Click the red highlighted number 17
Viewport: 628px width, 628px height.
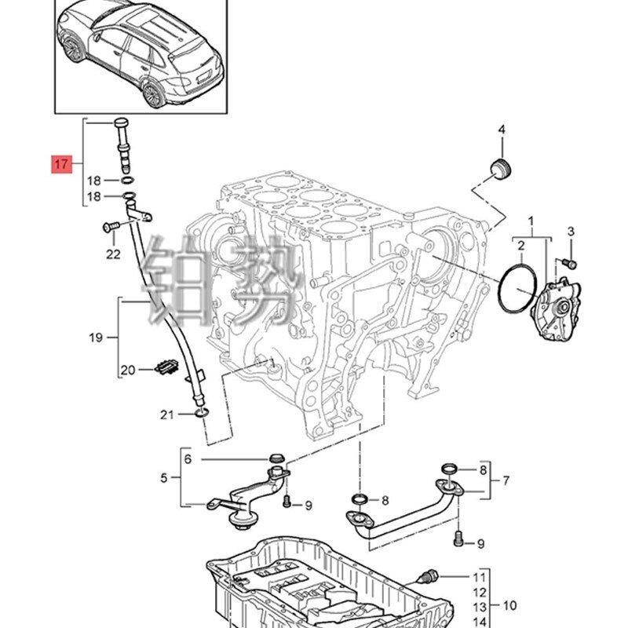click(x=62, y=164)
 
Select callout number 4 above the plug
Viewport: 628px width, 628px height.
click(x=502, y=130)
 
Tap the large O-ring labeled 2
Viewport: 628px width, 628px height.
click(x=517, y=287)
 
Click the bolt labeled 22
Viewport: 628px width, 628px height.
click(x=110, y=227)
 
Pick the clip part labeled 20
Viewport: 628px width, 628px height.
click(x=166, y=366)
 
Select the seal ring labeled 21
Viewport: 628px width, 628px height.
click(x=201, y=412)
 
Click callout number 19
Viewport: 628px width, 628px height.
click(x=96, y=338)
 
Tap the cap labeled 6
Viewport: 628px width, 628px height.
click(x=277, y=458)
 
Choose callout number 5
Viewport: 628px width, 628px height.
click(x=164, y=477)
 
